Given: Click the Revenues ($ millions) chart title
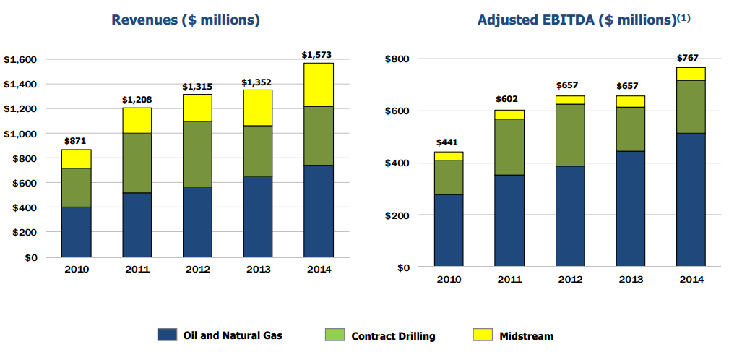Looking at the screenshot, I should (x=185, y=20).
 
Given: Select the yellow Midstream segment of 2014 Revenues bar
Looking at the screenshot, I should (x=319, y=85).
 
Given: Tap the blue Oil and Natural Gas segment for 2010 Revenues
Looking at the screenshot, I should (x=76, y=231).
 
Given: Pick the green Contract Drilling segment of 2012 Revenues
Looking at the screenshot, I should (x=197, y=154).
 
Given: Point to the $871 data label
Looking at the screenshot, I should (x=77, y=142).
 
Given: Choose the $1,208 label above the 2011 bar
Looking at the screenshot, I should (x=137, y=100).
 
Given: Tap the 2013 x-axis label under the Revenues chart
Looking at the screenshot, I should (x=258, y=270).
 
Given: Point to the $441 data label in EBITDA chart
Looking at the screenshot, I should (x=448, y=143).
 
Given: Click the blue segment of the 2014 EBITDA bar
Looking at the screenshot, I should (x=690, y=200).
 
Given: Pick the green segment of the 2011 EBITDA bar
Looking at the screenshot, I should (x=509, y=147).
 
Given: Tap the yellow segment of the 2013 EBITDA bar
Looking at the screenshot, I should (x=630, y=101).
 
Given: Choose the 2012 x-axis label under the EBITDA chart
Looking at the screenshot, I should (x=569, y=280).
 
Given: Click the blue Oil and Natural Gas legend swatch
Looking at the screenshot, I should (x=167, y=335).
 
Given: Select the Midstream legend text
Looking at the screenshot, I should (x=526, y=335).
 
